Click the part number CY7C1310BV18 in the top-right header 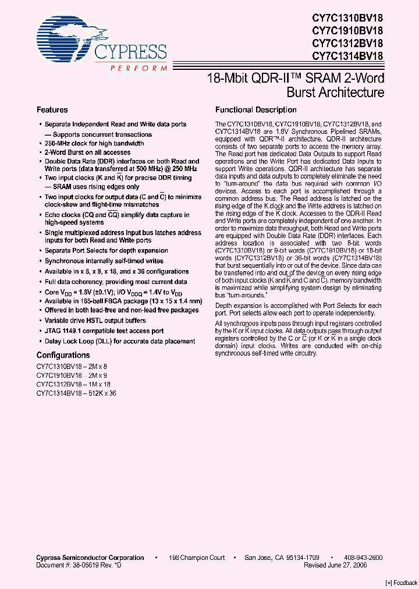[x=347, y=17]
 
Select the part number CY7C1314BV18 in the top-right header [x=347, y=56]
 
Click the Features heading [x=52, y=109]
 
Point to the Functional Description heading [x=255, y=109]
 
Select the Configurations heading [x=63, y=355]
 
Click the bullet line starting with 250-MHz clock [x=94, y=143]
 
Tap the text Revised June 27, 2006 [x=343, y=565]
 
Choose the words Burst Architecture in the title [x=335, y=93]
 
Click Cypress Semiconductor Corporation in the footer [x=90, y=558]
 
